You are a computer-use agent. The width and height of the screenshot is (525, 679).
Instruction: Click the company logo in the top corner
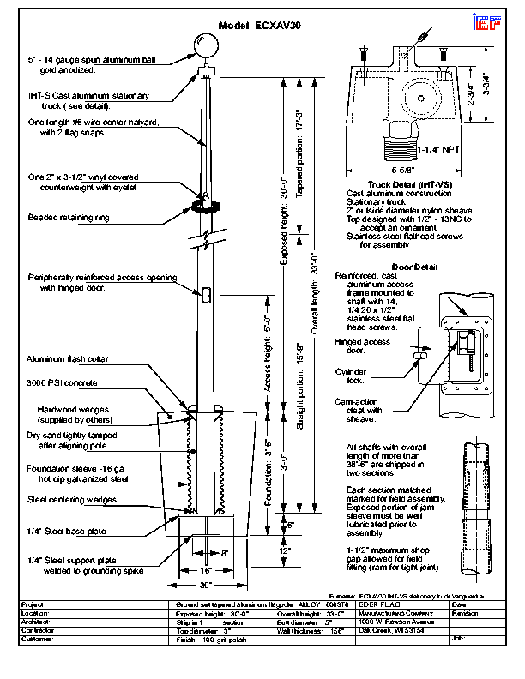point(486,24)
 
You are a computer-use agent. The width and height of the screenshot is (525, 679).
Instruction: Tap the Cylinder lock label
point(351,376)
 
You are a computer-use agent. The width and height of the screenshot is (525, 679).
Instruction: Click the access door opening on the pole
point(207,294)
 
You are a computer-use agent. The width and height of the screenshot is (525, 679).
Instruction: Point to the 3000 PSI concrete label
point(63,382)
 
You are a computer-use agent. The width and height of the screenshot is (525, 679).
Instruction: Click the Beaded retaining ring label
point(69,218)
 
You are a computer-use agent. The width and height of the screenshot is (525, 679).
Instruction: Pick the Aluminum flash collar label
point(68,359)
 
